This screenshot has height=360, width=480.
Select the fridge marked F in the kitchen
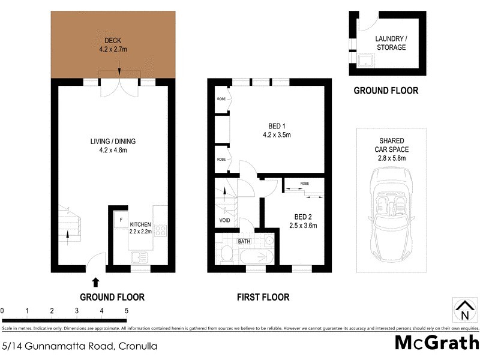click(x=121, y=220)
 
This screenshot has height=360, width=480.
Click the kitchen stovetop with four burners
click(x=161, y=230)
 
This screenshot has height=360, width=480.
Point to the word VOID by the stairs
click(x=225, y=220)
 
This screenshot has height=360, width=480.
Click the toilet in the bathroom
click(x=226, y=254)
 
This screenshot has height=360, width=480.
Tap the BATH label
click(x=244, y=241)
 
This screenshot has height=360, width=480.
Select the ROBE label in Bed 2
click(x=305, y=183)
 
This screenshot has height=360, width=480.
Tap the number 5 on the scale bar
click(x=126, y=311)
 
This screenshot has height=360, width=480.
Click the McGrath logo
click(x=436, y=343)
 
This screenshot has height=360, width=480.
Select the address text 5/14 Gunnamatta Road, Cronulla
click(x=80, y=346)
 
